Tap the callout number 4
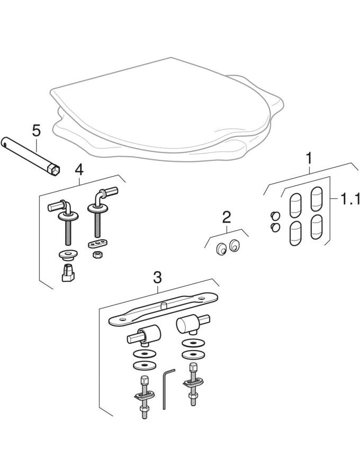point(79,170)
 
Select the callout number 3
point(157,278)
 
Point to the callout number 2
point(227,217)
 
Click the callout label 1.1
point(349,199)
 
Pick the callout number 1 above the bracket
point(309,159)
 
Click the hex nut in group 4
point(96,254)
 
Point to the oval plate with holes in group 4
point(96,243)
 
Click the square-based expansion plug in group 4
point(68,273)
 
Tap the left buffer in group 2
point(221,249)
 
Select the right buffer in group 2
point(235,245)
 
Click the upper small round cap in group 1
point(275,216)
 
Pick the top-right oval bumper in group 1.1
point(316,199)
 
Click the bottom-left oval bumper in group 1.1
point(295,233)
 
